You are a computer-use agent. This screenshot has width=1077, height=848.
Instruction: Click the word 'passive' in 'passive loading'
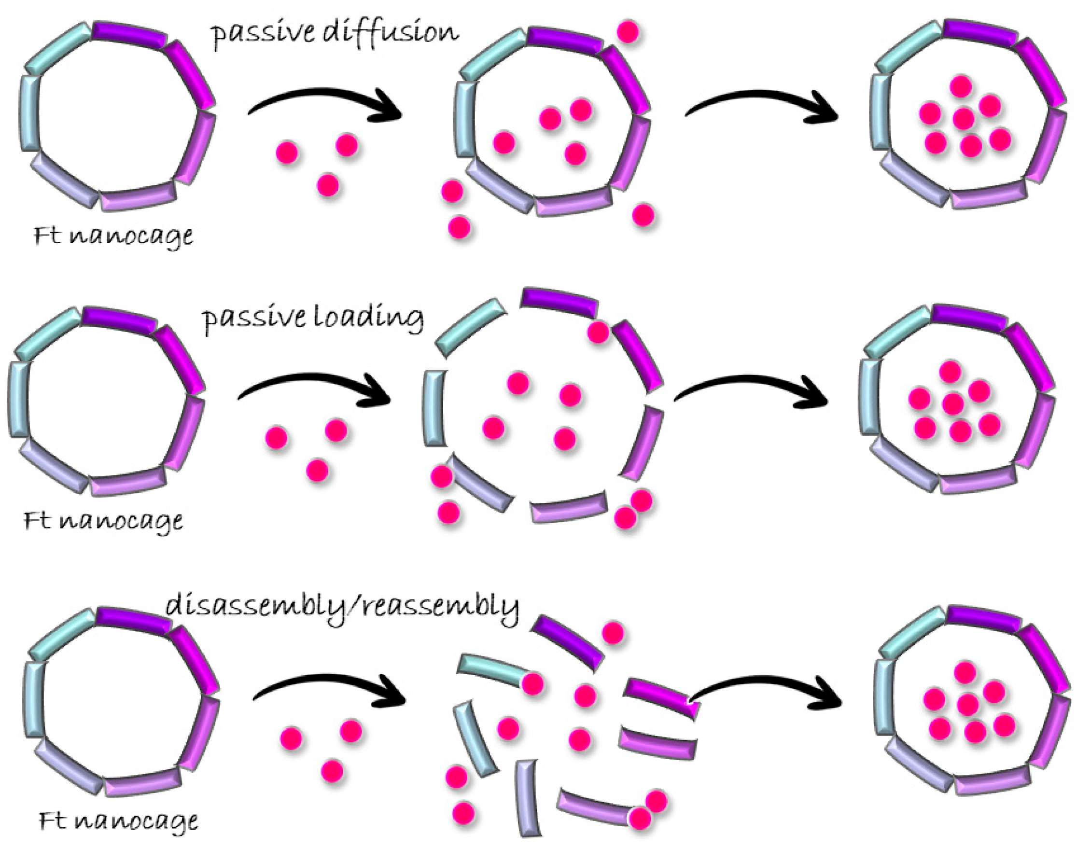click(x=253, y=318)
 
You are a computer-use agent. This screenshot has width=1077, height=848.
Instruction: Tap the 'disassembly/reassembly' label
click(x=342, y=607)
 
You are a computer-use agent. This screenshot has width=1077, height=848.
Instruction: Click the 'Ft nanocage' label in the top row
click(x=113, y=236)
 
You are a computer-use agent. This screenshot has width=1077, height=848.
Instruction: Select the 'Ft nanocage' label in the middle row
click(x=103, y=521)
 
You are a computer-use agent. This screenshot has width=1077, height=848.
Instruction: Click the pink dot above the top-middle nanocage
click(x=628, y=32)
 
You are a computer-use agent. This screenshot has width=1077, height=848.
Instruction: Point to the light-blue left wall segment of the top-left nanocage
click(x=30, y=113)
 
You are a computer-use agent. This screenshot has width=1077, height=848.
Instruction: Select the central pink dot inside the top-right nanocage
click(x=964, y=118)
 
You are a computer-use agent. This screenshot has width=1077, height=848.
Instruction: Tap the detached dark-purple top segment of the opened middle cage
click(x=559, y=302)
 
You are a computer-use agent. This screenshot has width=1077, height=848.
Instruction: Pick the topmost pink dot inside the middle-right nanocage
click(x=951, y=372)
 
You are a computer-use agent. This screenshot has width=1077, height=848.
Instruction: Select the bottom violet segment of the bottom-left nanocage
click(x=142, y=782)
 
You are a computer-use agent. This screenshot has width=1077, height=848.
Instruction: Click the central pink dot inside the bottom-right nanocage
click(x=968, y=704)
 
